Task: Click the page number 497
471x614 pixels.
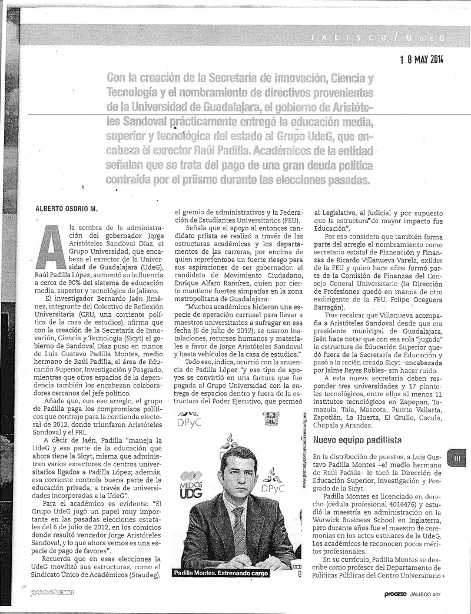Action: (x=436, y=594)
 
